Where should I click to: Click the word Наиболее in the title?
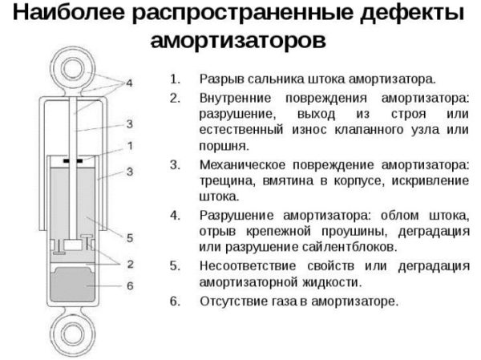pyautogui.click(x=69, y=12)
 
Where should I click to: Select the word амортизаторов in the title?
pyautogui.click(x=238, y=40)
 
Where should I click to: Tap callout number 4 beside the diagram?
pyautogui.click(x=129, y=83)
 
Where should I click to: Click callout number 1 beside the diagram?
pyautogui.click(x=130, y=146)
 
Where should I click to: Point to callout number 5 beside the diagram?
pyautogui.click(x=130, y=238)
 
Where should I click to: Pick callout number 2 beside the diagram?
pyautogui.click(x=130, y=264)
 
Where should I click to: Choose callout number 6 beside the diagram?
pyautogui.click(x=130, y=286)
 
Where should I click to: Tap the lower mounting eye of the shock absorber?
pyautogui.click(x=73, y=334)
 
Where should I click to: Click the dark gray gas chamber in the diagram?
pyautogui.click(x=73, y=285)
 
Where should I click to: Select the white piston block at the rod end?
pyautogui.click(x=73, y=245)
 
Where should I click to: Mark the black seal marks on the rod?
pyautogui.click(x=73, y=161)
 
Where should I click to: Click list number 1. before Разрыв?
pyautogui.click(x=175, y=79)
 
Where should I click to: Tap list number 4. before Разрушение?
pyautogui.click(x=175, y=216)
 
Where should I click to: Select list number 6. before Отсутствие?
pyautogui.click(x=175, y=301)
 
